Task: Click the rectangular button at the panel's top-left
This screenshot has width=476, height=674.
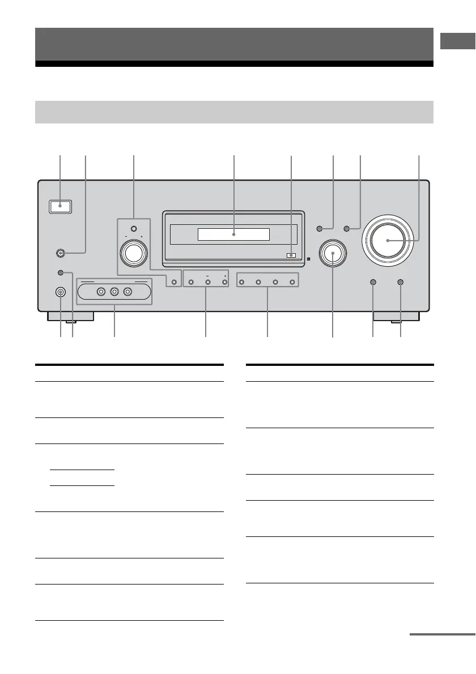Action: pyautogui.click(x=60, y=206)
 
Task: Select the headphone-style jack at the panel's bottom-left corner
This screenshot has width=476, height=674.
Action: pyautogui.click(x=60, y=292)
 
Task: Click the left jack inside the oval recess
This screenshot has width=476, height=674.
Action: pyautogui.click(x=101, y=292)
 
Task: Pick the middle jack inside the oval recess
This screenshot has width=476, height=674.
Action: pyautogui.click(x=114, y=292)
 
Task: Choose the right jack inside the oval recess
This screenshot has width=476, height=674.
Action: pyautogui.click(x=128, y=292)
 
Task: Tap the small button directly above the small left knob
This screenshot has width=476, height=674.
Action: pyautogui.click(x=133, y=229)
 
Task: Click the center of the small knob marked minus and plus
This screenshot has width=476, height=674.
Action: pyautogui.click(x=133, y=253)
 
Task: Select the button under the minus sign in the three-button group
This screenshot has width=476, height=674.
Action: pyautogui.click(x=207, y=281)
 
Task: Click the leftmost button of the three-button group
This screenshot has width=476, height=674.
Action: pyautogui.click(x=191, y=281)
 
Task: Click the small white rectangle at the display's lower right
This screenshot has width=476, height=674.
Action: pyautogui.click(x=291, y=255)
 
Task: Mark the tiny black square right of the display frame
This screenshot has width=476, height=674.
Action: pyautogui.click(x=308, y=260)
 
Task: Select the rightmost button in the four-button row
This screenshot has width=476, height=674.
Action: pyautogui.click(x=292, y=281)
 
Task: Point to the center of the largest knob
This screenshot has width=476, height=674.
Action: pyautogui.click(x=388, y=240)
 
